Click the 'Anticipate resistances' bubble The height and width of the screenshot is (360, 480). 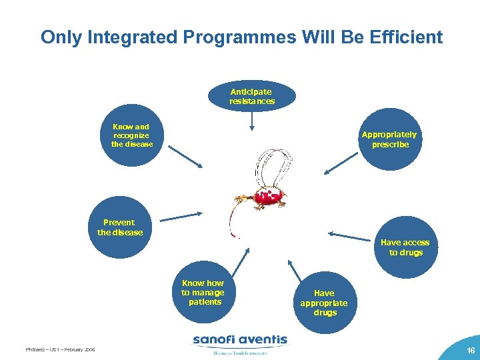pos(251,96)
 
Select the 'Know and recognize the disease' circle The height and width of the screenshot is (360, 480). pos(132,135)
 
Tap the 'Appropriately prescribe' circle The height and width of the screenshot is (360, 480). pos(389,139)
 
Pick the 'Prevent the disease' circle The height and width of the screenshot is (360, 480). pos(120,227)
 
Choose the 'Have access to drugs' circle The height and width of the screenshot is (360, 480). pos(405,247)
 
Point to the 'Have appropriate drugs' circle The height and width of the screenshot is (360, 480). pos(325,302)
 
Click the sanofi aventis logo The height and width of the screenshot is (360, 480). pos(240,341)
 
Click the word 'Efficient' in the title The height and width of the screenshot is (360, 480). pos(404,37)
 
